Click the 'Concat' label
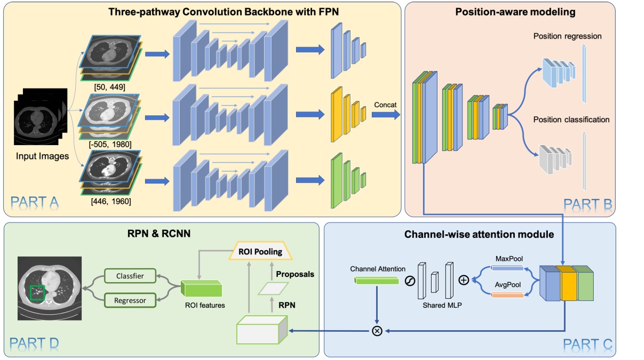click(x=385, y=105)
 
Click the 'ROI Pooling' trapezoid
click(x=260, y=252)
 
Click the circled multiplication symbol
click(x=377, y=331)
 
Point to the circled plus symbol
click(x=464, y=279)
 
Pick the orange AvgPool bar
click(x=507, y=294)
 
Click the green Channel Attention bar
click(x=376, y=280)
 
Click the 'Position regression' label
click(x=567, y=36)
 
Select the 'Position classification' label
click(x=571, y=119)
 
